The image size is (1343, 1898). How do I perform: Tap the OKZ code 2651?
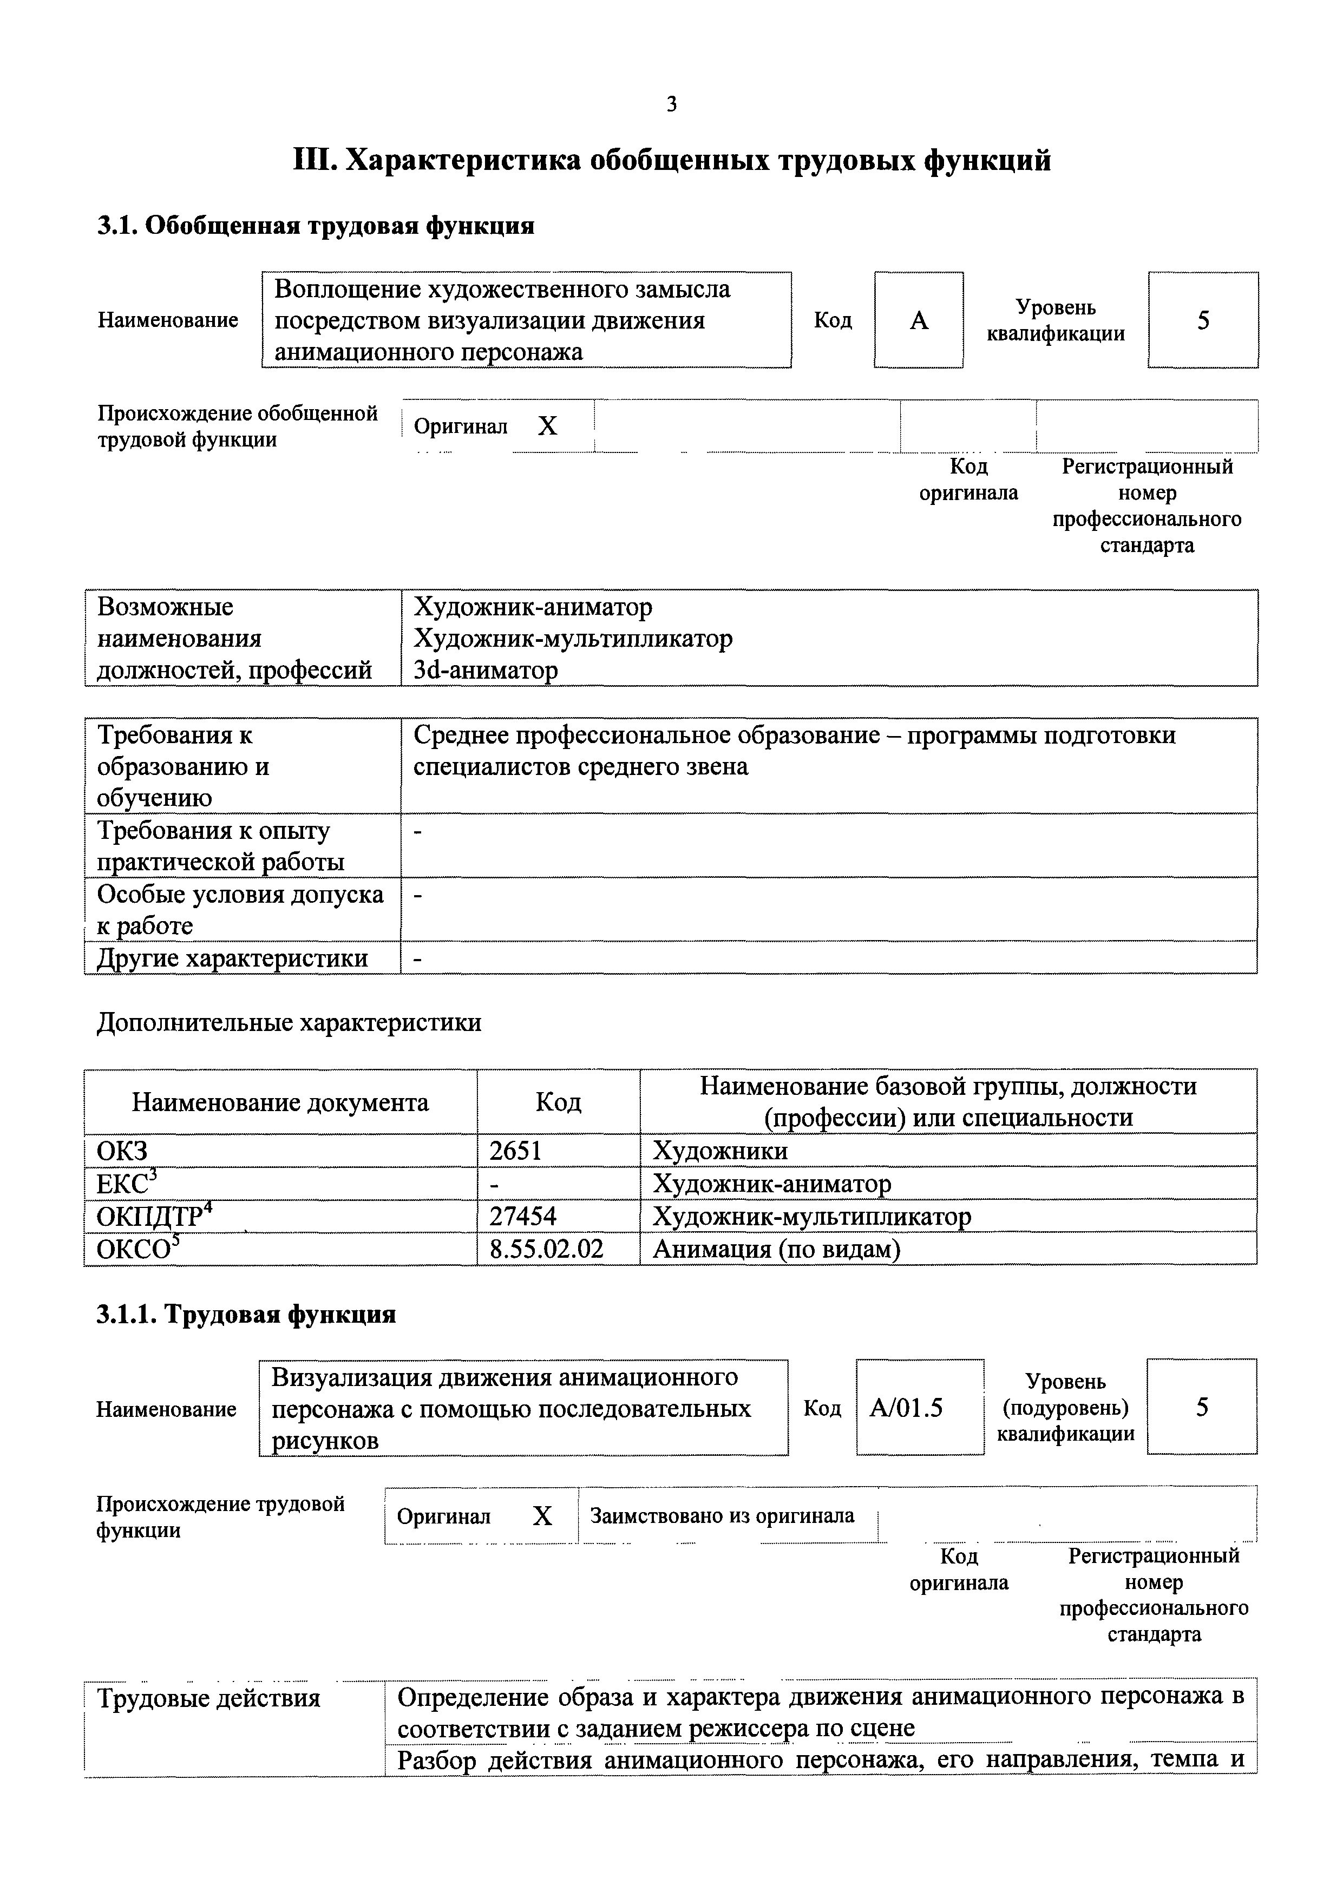point(515,1151)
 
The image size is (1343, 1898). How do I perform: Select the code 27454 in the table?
point(523,1216)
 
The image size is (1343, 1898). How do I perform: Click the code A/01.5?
point(906,1408)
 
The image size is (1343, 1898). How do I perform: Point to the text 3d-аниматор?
point(486,669)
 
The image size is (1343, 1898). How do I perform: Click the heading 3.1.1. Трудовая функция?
point(246,1315)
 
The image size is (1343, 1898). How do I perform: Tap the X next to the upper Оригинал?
point(547,426)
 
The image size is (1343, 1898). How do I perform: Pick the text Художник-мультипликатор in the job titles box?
point(572,638)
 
